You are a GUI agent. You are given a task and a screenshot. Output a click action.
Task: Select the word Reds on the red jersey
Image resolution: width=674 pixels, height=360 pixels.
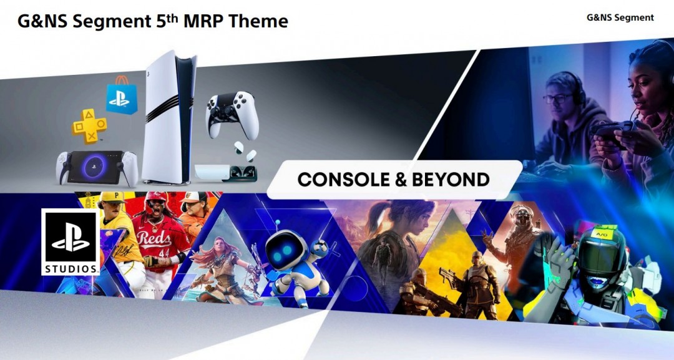tap(154, 238)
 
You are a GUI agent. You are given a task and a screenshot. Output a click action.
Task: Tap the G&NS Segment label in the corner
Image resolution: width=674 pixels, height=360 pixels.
tap(620, 17)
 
